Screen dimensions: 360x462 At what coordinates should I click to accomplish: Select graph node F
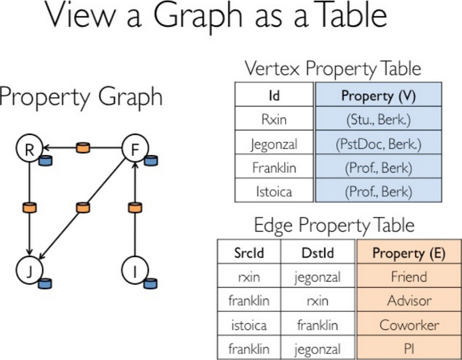tap(134, 150)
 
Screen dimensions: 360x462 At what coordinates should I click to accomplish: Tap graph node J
tap(29, 272)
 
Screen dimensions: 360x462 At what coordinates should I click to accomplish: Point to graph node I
tap(134, 272)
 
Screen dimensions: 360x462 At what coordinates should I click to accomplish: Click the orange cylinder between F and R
tap(82, 148)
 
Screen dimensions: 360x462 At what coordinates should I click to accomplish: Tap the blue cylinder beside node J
tap(45, 283)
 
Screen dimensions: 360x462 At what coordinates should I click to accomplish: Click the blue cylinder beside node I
tap(150, 283)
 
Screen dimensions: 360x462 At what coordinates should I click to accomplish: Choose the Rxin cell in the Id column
tap(274, 120)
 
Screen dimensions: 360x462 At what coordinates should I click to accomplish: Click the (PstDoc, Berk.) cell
tap(378, 144)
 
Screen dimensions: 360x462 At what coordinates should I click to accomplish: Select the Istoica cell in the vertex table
tap(274, 192)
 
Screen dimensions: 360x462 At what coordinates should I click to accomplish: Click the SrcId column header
tap(249, 253)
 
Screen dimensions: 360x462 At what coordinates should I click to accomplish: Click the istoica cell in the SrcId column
tap(249, 325)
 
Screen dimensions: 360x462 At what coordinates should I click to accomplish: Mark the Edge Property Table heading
tap(334, 225)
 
